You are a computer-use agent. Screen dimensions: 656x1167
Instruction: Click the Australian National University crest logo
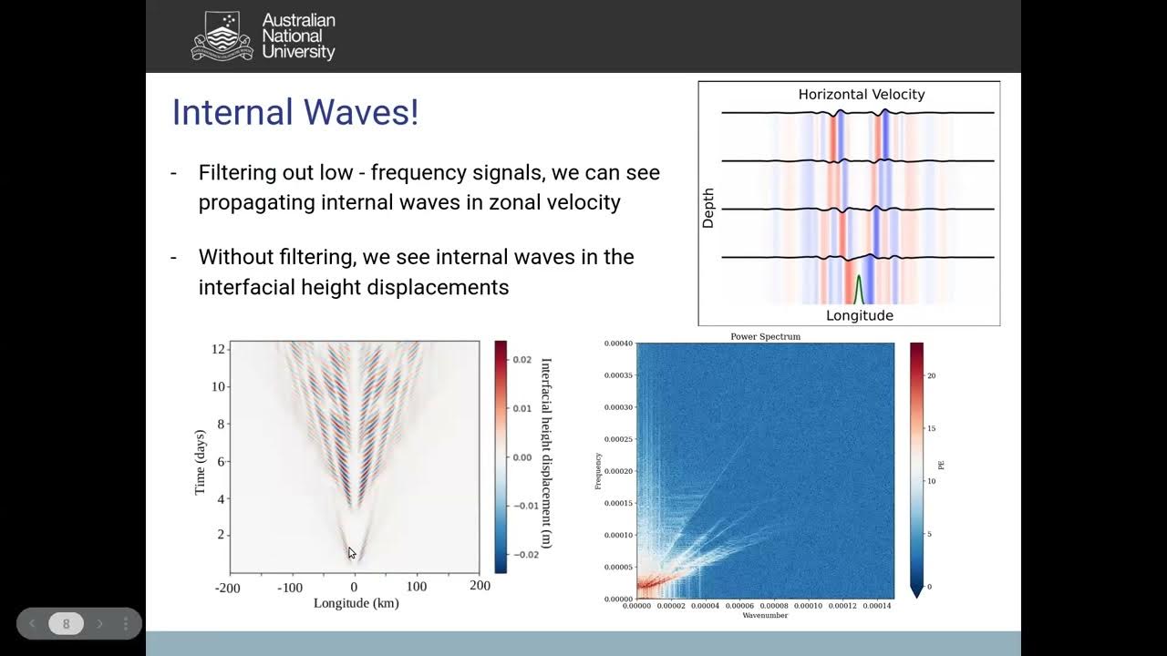(x=222, y=36)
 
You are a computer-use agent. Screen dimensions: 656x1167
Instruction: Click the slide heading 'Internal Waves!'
(x=294, y=112)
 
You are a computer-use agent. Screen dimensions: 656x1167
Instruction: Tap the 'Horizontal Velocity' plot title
(x=861, y=94)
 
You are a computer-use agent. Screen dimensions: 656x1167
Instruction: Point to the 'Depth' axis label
(x=708, y=208)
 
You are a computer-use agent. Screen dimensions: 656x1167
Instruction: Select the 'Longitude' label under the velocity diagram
(x=859, y=315)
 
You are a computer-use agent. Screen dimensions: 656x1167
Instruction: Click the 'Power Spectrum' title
(x=765, y=336)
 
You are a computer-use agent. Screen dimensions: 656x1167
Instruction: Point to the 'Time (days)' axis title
(x=201, y=462)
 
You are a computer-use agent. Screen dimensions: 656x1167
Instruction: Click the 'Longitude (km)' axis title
(x=356, y=603)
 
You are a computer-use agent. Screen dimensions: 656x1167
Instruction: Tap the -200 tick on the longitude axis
(x=227, y=588)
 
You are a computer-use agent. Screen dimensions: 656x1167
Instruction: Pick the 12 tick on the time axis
(x=218, y=349)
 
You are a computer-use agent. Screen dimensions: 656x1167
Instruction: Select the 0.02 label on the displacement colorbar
(x=522, y=360)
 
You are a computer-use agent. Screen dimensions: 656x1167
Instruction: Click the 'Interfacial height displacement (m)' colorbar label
(x=546, y=453)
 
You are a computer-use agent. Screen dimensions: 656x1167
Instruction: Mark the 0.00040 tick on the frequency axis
(x=617, y=343)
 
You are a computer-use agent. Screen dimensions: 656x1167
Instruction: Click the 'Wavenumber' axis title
(x=765, y=615)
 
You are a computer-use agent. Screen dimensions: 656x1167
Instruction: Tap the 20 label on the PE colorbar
(x=932, y=375)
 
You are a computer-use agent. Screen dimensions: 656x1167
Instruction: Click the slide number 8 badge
(x=66, y=624)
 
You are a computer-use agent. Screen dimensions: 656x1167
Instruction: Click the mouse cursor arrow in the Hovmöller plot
(x=352, y=552)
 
